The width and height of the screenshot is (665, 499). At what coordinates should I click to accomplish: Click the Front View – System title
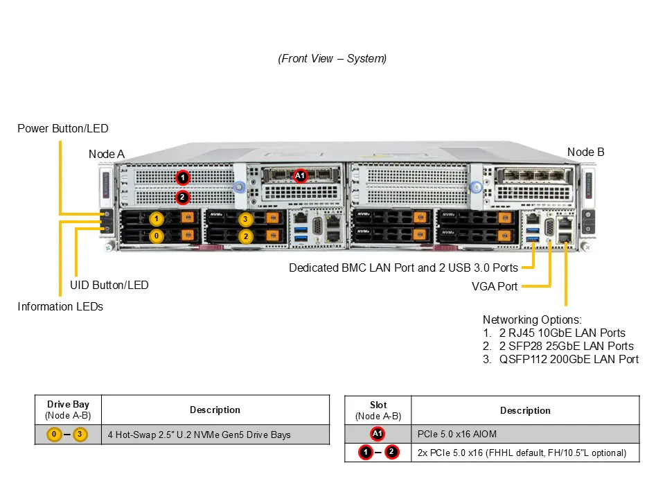(x=332, y=59)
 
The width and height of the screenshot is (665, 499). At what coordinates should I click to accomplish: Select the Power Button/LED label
(x=63, y=128)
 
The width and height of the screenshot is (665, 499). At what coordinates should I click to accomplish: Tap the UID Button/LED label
(x=109, y=285)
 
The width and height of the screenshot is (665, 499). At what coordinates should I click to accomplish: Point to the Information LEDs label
(x=60, y=306)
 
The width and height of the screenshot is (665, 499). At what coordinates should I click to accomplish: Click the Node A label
(x=107, y=154)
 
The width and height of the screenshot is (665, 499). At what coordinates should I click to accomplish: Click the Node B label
(x=585, y=152)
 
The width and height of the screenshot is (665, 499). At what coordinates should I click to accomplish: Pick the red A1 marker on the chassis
(x=300, y=176)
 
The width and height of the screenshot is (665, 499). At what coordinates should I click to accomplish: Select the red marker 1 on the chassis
(x=181, y=177)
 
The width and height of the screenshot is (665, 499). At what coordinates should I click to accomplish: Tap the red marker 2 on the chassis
(x=181, y=197)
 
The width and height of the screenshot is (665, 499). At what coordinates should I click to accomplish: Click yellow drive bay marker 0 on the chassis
(x=157, y=236)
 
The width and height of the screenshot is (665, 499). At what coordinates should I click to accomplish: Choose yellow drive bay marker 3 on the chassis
(x=245, y=220)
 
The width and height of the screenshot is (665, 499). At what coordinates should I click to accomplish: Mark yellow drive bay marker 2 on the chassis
(x=245, y=236)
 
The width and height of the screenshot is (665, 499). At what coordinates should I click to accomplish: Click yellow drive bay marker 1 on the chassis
(x=157, y=220)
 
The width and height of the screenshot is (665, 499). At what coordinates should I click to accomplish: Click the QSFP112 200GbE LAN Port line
(x=569, y=359)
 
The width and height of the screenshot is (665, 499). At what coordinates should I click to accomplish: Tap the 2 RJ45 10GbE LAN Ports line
(x=562, y=333)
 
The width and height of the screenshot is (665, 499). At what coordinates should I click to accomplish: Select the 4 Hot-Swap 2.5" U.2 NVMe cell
(x=199, y=435)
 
